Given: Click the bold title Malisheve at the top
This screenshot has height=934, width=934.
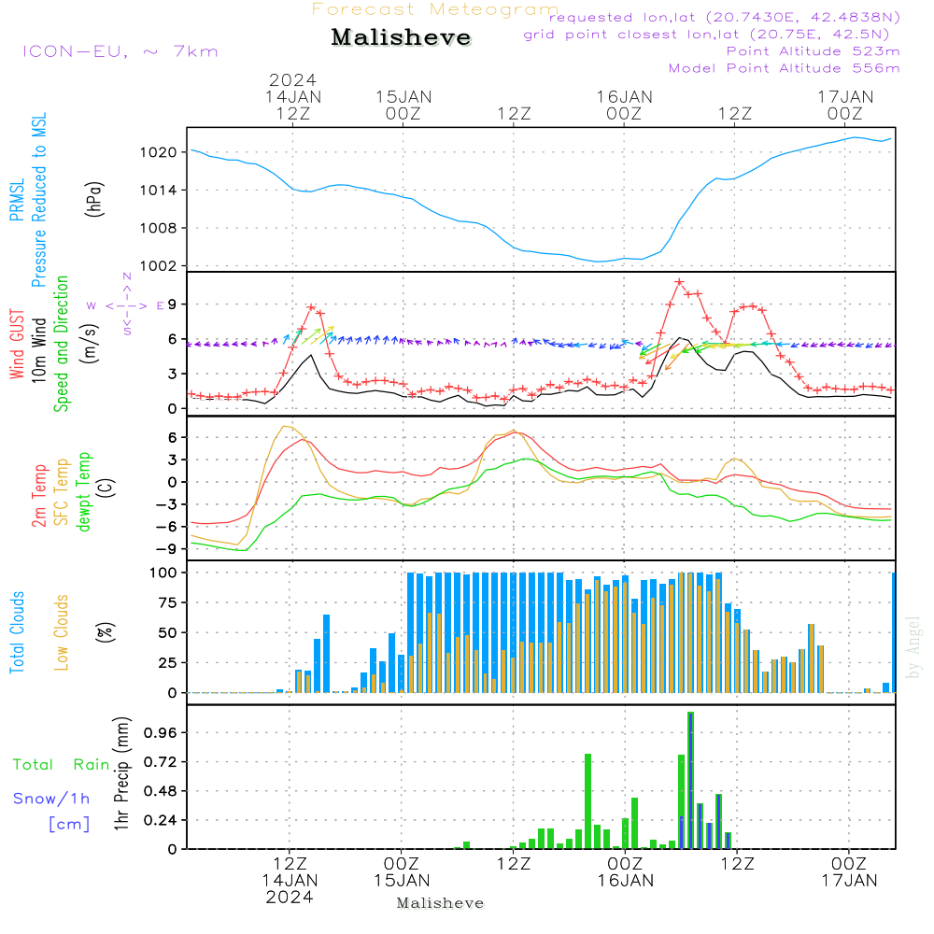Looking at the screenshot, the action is pyautogui.click(x=401, y=37).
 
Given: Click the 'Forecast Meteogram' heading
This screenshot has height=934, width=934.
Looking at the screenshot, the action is pyautogui.click(x=435, y=9).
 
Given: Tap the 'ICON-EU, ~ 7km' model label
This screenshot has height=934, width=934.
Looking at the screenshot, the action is pyautogui.click(x=120, y=51).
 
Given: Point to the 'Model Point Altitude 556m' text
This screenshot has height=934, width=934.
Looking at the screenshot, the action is pyautogui.click(x=784, y=68).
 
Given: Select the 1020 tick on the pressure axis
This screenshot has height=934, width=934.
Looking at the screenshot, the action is pyautogui.click(x=159, y=152).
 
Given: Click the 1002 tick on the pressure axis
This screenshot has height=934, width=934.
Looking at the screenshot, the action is pyautogui.click(x=159, y=266).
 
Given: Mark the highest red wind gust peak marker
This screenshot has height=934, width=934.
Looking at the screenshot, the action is pyautogui.click(x=679, y=282).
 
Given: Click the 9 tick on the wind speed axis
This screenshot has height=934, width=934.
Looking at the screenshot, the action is pyautogui.click(x=172, y=304).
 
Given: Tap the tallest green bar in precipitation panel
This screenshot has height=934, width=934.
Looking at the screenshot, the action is pyautogui.click(x=690, y=780).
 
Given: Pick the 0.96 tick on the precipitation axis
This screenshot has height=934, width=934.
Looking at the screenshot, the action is pyautogui.click(x=161, y=732).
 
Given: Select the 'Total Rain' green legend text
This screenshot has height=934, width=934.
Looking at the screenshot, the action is pyautogui.click(x=62, y=765).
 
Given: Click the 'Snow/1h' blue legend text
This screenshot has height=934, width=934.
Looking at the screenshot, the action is pyautogui.click(x=51, y=799).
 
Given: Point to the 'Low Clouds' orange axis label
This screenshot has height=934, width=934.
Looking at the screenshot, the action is pyautogui.click(x=62, y=632).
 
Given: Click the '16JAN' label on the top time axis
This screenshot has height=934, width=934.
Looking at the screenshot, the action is pyautogui.click(x=624, y=97).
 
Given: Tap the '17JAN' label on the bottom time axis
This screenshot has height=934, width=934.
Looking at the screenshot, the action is pyautogui.click(x=849, y=881).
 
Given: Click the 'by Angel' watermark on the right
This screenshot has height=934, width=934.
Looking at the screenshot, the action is pyautogui.click(x=913, y=647).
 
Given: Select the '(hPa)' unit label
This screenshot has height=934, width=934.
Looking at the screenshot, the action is pyautogui.click(x=94, y=199).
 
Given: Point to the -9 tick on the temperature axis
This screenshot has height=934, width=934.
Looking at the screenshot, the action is pyautogui.click(x=167, y=549).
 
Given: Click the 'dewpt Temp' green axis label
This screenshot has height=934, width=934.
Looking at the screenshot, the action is pyautogui.click(x=83, y=491).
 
